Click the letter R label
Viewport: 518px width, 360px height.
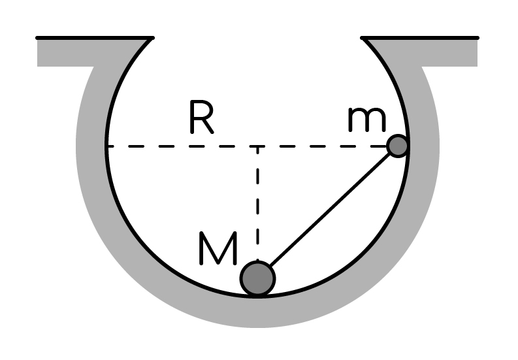click(x=202, y=118)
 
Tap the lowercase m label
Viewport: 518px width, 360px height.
click(x=367, y=120)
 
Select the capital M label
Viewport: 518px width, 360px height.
click(x=218, y=248)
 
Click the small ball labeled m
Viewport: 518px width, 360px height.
click(x=398, y=146)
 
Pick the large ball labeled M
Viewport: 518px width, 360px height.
click(x=257, y=278)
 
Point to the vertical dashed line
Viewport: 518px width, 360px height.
click(x=257, y=203)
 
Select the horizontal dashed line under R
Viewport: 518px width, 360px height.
click(x=247, y=146)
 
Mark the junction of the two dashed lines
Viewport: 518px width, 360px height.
click(x=257, y=146)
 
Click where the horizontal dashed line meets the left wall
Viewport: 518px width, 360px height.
click(x=107, y=146)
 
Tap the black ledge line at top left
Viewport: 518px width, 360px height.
click(x=95, y=38)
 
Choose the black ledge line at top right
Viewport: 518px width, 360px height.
click(x=419, y=38)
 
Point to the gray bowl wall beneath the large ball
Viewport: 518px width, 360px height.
click(x=257, y=312)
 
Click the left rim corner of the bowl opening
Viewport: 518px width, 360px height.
click(x=152, y=39)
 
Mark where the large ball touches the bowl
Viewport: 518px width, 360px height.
click(x=257, y=296)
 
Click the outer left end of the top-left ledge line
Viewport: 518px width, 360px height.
click(x=37, y=38)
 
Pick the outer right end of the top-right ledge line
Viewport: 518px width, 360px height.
click(x=478, y=38)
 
